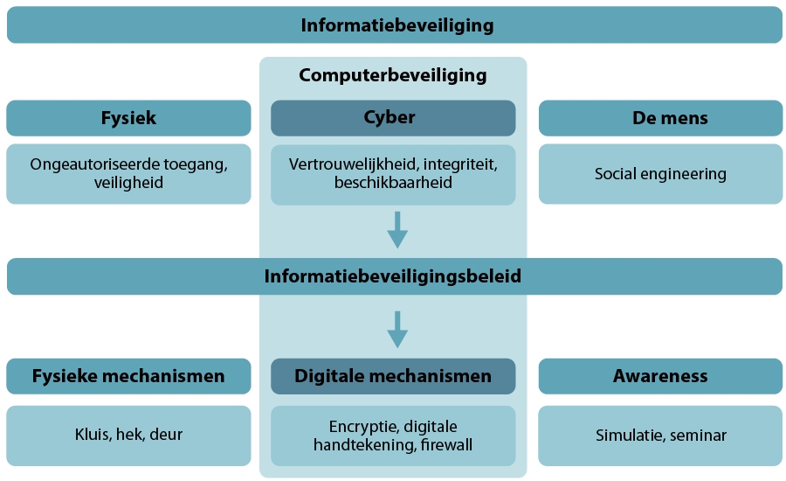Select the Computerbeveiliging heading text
click(393, 75)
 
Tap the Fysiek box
click(128, 118)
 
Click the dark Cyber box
click(393, 118)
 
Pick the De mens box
click(660, 118)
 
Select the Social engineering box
click(660, 174)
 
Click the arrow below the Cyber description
click(397, 229)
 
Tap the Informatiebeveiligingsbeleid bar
click(393, 276)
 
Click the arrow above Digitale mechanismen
click(397, 330)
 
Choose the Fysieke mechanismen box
click(128, 376)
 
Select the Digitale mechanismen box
click(393, 376)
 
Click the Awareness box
click(660, 376)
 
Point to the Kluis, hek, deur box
click(128, 435)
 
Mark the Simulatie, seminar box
click(660, 435)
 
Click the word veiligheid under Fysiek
click(128, 183)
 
